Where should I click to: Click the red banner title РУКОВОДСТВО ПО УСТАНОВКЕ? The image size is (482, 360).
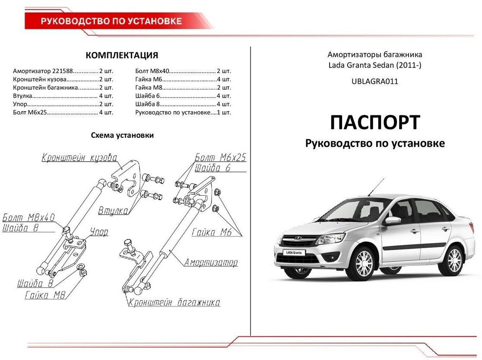111,21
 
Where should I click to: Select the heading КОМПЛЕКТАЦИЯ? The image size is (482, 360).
122,55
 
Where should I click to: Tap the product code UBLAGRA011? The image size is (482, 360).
375,81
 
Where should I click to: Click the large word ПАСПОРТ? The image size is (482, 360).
374,122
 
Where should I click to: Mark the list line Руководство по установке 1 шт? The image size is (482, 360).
183,112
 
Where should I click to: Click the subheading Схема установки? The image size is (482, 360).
122,135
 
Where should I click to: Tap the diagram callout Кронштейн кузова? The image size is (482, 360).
79,157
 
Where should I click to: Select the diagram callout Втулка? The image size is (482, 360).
113,210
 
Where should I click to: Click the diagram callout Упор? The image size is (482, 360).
99,232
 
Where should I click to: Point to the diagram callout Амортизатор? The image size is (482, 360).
211,262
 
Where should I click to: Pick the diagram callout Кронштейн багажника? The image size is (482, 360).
174,303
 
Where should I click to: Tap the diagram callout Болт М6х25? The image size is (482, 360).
220,157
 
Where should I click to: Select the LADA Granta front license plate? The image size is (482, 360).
294,253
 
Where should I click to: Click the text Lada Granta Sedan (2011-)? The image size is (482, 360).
374,65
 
